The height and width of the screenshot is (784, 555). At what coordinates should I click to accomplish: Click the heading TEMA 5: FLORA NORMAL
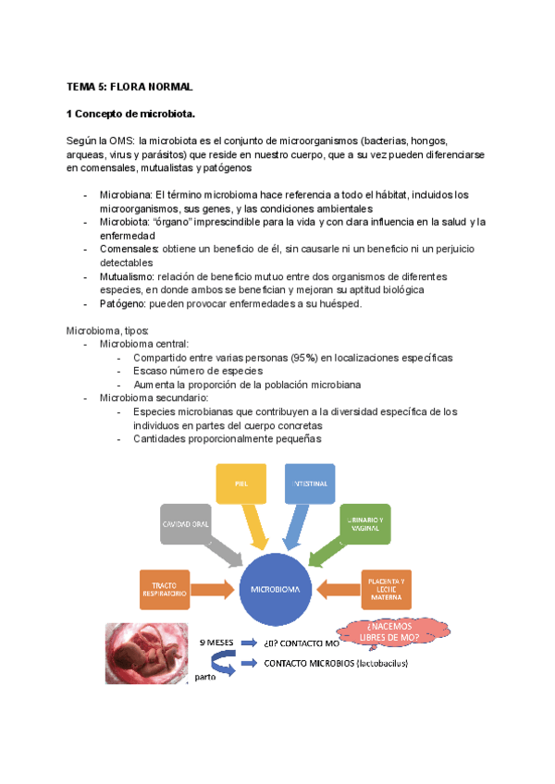(129, 86)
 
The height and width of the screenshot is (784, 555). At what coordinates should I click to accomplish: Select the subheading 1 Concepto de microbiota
(129, 114)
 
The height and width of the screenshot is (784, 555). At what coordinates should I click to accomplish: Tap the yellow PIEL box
(240, 484)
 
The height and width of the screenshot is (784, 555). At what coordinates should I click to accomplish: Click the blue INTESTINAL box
(310, 484)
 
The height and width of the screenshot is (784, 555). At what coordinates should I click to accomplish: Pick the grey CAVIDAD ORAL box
(188, 523)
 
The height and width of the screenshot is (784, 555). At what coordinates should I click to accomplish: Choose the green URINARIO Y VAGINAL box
(364, 523)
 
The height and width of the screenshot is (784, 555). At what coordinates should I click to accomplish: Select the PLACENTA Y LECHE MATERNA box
(385, 588)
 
